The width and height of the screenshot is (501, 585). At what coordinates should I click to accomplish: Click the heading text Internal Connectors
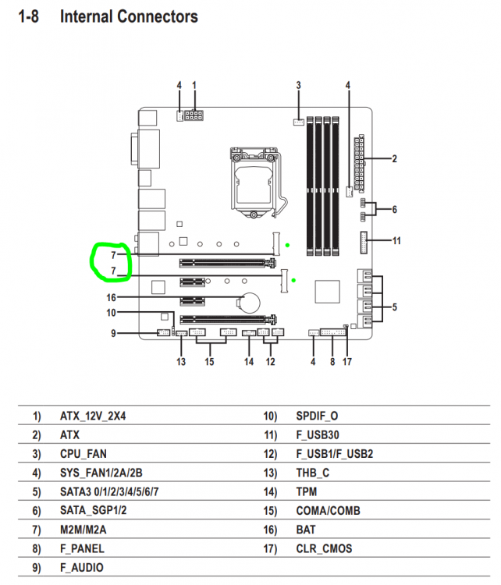point(129,17)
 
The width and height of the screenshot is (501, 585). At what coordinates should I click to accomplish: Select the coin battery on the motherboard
point(249,302)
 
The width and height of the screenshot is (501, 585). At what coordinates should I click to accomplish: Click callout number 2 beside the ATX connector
point(394,159)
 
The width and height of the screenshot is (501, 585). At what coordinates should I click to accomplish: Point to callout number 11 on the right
point(396,241)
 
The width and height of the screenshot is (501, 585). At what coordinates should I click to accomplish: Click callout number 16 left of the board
point(112,297)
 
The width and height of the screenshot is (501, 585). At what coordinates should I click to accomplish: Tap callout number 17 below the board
point(347,361)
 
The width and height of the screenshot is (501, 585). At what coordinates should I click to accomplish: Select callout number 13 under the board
point(181,361)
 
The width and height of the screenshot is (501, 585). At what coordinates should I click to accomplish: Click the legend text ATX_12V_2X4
point(93,416)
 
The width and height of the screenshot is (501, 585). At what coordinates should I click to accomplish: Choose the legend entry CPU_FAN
point(83,454)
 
